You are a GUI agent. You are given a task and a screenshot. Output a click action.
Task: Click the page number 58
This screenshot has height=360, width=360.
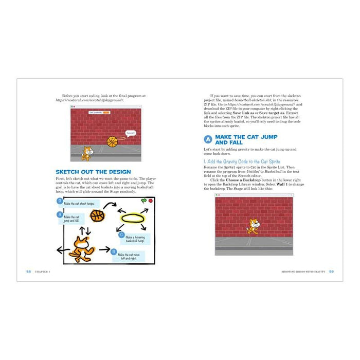28,271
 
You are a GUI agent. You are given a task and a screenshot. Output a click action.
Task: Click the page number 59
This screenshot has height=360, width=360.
331,271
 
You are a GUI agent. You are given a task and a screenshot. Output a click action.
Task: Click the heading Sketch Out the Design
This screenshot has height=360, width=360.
93,172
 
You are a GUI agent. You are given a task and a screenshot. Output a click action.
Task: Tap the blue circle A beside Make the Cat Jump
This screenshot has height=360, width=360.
208,139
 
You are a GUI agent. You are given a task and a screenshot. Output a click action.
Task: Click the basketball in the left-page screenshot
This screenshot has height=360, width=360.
112,141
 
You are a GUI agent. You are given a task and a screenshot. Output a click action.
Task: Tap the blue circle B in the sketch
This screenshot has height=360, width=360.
114,251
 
